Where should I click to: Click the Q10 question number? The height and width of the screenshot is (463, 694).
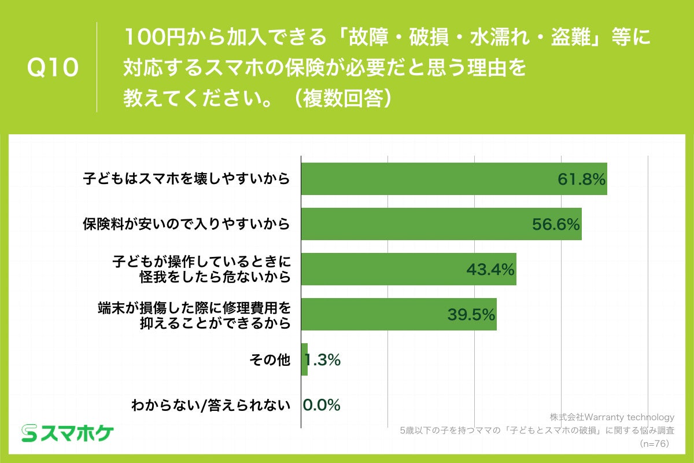(53, 68)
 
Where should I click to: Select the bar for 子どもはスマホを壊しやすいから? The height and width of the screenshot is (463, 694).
(454, 178)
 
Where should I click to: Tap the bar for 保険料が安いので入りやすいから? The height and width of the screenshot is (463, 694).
(441, 223)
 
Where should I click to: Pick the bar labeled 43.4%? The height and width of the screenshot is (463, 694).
(408, 269)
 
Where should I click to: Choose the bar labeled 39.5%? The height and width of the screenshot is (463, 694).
(398, 314)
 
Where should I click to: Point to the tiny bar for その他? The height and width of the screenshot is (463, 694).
(304, 359)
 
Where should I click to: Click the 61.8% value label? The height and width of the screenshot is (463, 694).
(581, 179)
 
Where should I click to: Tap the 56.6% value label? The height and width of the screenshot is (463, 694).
(556, 224)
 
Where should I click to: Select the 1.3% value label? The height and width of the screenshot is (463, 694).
(323, 360)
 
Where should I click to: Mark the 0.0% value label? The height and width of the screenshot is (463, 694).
(322, 405)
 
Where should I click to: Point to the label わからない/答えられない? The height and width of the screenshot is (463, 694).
(210, 405)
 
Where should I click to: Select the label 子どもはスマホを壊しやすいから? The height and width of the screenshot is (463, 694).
(186, 178)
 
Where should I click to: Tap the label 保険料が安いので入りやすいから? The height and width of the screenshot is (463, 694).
(186, 223)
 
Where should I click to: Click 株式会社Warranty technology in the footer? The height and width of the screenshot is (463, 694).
(612, 417)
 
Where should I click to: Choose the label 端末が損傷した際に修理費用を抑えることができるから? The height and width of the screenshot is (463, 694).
(194, 314)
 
